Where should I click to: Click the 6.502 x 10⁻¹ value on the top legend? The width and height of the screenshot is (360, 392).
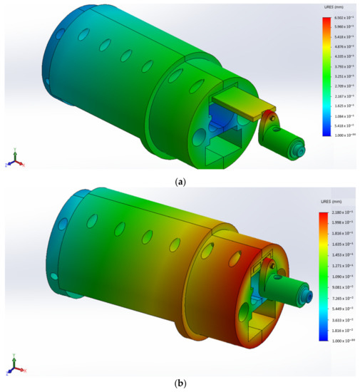coord(338,16)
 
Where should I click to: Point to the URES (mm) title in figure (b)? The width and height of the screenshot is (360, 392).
coord(331,205)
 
